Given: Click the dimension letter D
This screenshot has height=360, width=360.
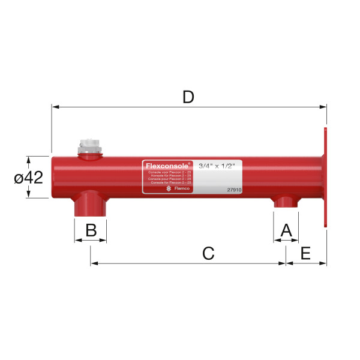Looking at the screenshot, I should pos(188,97).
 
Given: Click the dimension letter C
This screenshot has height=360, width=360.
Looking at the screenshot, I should pos(208,253).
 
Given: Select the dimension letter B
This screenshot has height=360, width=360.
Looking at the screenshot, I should pos(91,230).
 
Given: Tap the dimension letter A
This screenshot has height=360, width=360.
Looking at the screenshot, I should pos(286,230).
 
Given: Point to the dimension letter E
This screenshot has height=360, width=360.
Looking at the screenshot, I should pos(305,253).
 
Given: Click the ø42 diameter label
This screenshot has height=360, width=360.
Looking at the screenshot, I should pos(29,178).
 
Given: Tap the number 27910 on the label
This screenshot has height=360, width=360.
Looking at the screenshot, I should pos(234,189).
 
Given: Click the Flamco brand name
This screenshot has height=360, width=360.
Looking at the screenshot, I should pos(181,189).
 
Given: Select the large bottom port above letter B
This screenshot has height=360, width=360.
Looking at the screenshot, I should pos(90,204).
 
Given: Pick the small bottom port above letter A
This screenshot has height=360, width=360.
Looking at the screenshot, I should pos(286,202).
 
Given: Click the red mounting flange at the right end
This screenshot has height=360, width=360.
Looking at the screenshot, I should pos(325,177).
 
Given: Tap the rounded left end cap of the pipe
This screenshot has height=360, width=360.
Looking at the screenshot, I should pos(54,178).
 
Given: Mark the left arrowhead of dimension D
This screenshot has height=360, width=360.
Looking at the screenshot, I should pos(55,107).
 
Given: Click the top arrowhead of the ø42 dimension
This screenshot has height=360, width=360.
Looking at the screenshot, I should pos(28,160).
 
